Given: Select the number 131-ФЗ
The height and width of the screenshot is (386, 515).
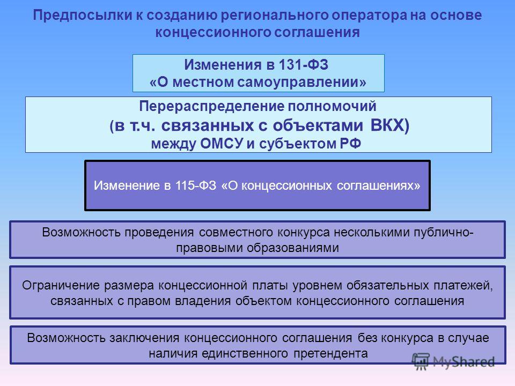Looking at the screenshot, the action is click(304, 64).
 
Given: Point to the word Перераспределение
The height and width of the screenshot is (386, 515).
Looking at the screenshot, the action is click(211, 107).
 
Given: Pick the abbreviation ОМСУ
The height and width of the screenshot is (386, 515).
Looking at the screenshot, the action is click(222, 144).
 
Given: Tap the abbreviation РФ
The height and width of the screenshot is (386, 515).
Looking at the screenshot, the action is click(350, 144).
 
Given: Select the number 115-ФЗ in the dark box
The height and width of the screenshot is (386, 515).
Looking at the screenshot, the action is click(196, 185).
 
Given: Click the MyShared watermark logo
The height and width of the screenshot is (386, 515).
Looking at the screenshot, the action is click(453, 362).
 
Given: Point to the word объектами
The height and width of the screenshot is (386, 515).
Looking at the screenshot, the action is click(318, 125).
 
